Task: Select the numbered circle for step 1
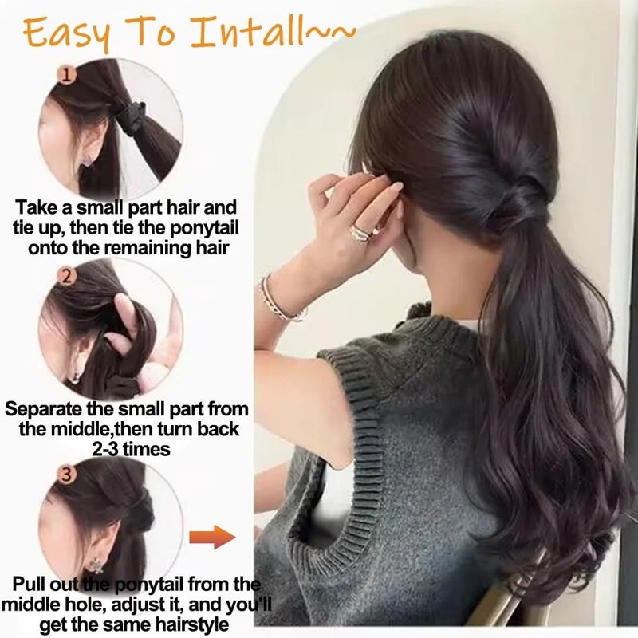(x=67, y=76)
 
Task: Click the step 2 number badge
(x=67, y=277)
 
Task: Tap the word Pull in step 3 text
(x=30, y=583)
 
